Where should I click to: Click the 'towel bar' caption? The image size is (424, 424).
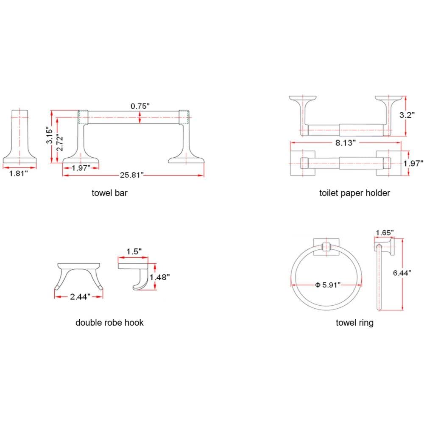point(110,193)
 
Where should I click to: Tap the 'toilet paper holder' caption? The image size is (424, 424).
point(354,193)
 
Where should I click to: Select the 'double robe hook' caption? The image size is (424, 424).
point(109,323)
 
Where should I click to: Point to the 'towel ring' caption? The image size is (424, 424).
point(354,323)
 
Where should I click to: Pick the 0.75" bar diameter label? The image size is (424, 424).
point(140,106)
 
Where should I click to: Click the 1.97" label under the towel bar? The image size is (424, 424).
point(81,168)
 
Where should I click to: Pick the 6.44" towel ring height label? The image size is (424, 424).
point(402,273)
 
